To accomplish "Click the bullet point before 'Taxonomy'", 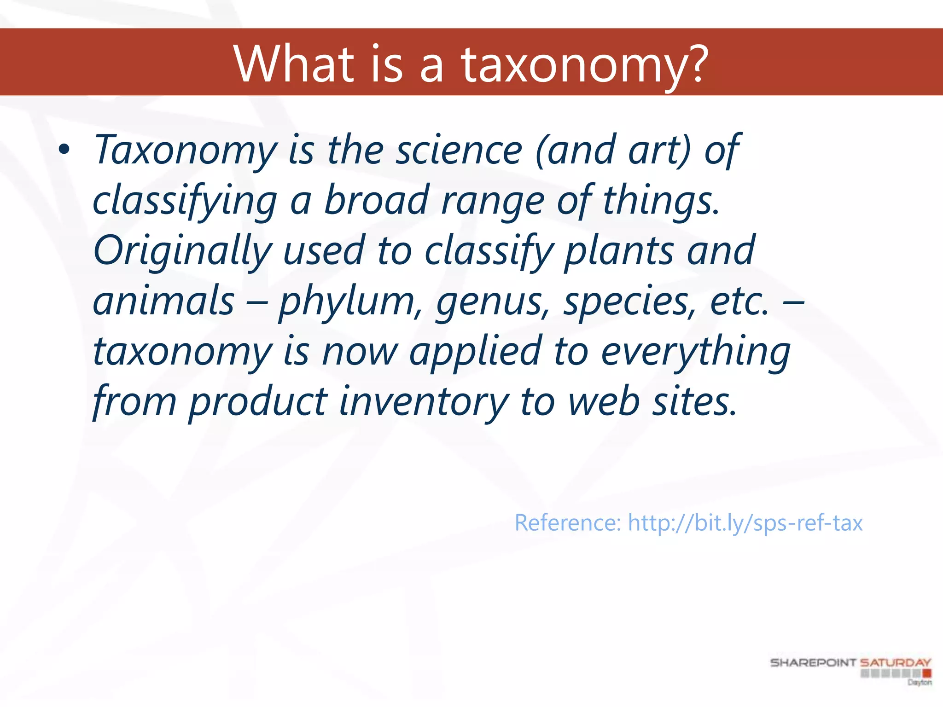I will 64,150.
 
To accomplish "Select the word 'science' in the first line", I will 459,150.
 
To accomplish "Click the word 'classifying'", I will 185,201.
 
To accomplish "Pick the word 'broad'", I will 376,201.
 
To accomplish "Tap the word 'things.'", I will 661,201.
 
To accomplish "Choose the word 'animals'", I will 163,301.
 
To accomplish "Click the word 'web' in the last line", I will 604,402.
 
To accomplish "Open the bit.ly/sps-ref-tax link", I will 745,523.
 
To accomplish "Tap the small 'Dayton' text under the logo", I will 920,682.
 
